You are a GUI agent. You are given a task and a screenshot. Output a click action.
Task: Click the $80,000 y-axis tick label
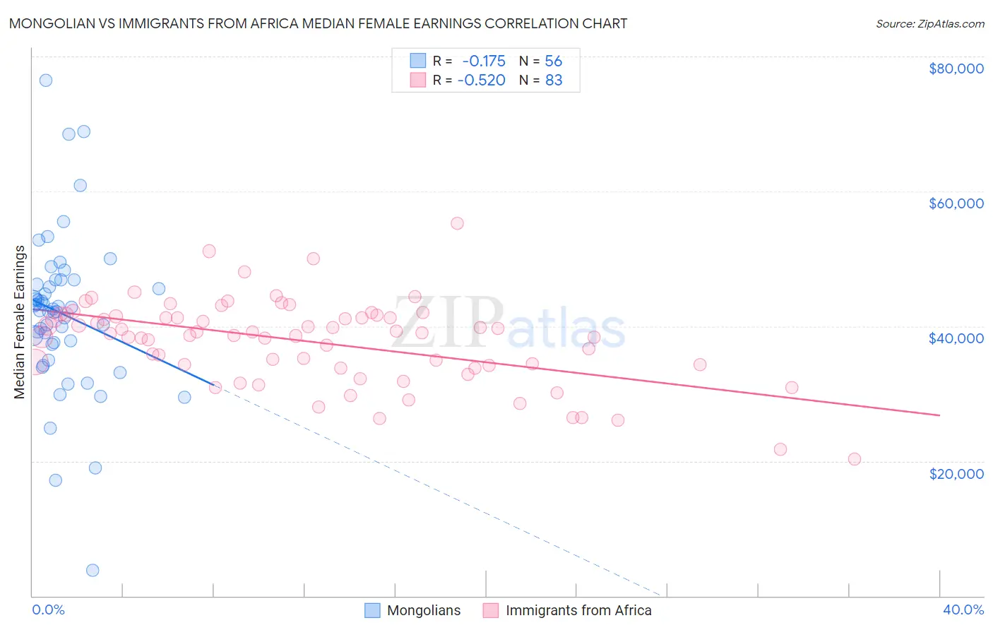click(x=956, y=69)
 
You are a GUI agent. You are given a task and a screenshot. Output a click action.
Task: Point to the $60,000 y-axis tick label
click(x=956, y=203)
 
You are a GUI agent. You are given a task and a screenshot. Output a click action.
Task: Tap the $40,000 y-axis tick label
click(x=956, y=338)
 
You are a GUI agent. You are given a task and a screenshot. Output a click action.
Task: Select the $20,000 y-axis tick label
click(x=956, y=473)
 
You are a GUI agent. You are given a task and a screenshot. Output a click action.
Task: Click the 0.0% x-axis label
click(x=48, y=610)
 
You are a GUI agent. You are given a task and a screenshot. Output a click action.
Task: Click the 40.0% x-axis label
click(x=963, y=610)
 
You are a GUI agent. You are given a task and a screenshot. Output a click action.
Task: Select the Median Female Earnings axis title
click(x=20, y=322)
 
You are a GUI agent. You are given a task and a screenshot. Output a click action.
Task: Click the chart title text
click(x=318, y=23)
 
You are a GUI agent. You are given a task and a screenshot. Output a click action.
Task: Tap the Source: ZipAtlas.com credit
click(x=929, y=24)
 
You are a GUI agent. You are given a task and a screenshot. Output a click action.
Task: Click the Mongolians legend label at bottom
click(x=424, y=610)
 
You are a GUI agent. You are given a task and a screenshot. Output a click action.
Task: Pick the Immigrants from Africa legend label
click(x=578, y=610)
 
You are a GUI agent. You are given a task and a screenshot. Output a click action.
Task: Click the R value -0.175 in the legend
click(x=483, y=61)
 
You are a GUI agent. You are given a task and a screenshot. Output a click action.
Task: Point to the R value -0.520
click(x=482, y=80)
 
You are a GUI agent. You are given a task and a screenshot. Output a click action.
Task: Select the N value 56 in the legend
click(x=553, y=61)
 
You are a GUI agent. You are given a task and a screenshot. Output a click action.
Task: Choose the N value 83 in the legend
click(x=554, y=80)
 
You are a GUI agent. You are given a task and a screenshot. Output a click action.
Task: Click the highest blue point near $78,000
click(x=46, y=81)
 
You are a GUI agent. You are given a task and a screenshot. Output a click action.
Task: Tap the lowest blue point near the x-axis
click(x=93, y=570)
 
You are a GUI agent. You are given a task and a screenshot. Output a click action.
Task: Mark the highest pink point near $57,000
click(x=457, y=223)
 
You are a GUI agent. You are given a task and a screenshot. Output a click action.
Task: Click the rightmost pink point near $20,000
click(x=854, y=459)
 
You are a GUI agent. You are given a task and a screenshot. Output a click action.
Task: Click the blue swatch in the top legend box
click(x=418, y=61)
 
